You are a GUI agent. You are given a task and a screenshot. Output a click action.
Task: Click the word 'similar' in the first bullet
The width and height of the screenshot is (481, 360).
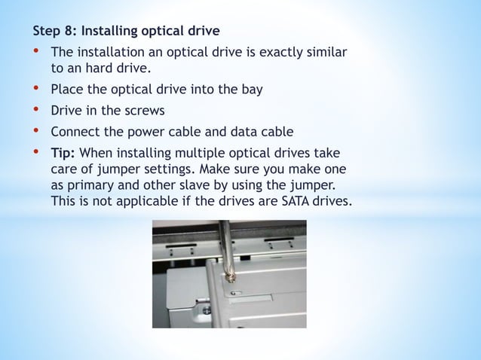click(x=322, y=53)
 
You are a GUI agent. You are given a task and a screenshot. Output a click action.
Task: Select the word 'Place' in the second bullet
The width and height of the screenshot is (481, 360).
click(x=67, y=89)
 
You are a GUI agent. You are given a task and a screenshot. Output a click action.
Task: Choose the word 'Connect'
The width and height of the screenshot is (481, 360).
click(x=76, y=131)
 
